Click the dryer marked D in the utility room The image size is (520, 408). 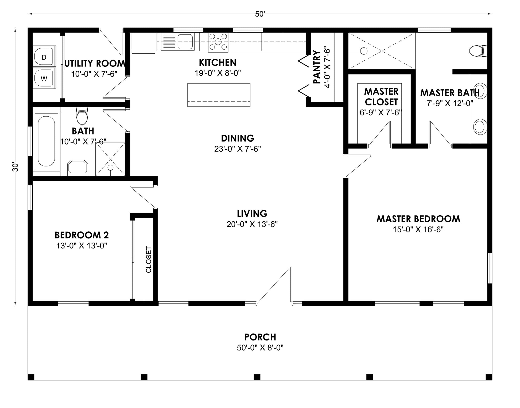tap(44, 56)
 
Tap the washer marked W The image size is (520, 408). tap(44, 78)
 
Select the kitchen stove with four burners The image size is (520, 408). tap(218, 42)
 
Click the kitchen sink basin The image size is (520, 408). tap(186, 42)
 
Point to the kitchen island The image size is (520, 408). tap(219, 95)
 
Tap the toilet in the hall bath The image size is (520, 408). tap(82, 116)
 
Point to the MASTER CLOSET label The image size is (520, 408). tap(381, 97)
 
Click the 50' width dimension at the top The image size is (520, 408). tap(260, 14)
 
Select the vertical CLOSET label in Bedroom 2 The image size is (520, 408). tap(149, 259)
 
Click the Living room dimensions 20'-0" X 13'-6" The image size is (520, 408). tap(252, 224)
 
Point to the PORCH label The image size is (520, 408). tap(260, 337)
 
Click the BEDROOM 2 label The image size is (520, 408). tap(82, 235)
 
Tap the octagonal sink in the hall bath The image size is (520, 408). tap(77, 168)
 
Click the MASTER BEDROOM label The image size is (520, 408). tap(418, 219)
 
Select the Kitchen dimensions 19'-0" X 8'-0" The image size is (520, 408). tap(218, 73)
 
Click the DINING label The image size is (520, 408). tap(238, 138)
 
